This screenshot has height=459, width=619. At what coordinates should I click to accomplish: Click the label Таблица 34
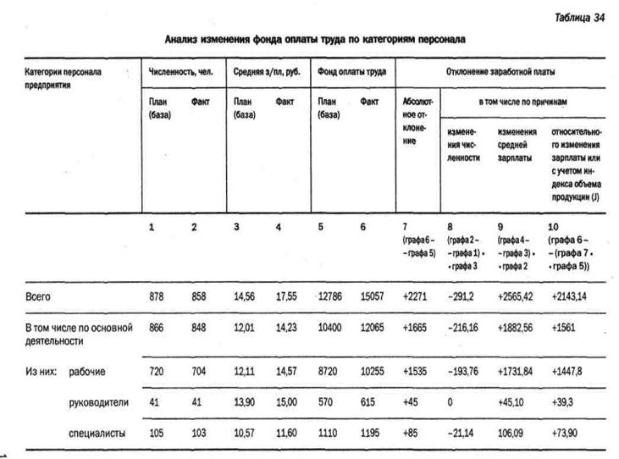tap(581, 17)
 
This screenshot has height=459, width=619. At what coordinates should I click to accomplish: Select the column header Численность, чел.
tap(180, 72)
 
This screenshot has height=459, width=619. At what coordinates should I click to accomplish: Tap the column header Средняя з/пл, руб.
tap(266, 72)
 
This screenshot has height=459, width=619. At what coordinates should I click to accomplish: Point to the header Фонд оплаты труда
tap(351, 72)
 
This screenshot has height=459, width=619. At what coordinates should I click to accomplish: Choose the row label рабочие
tap(88, 371)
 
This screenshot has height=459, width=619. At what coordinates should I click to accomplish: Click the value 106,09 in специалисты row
tap(511, 433)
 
